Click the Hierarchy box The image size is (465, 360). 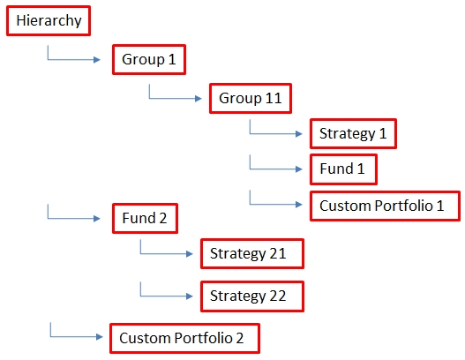pyautogui.click(x=49, y=21)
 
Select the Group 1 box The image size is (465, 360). pyautogui.click(x=149, y=59)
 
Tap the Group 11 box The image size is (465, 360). pyautogui.click(x=251, y=98)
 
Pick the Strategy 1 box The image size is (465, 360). pyautogui.click(x=353, y=133)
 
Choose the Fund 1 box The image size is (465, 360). pyautogui.click(x=343, y=169)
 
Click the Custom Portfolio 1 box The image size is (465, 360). pyautogui.click(x=385, y=206)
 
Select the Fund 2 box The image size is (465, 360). pyautogui.click(x=145, y=218)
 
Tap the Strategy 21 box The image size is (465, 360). pyautogui.click(x=252, y=253)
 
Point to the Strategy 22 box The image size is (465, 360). pyautogui.click(x=252, y=296)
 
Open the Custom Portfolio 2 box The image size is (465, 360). pyautogui.click(x=184, y=338)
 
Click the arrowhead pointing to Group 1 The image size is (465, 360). pyautogui.click(x=97, y=60)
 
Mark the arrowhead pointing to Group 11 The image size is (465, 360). pyautogui.click(x=199, y=99)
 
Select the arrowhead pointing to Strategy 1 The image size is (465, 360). pyautogui.click(x=299, y=134)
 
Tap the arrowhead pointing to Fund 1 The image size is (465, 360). pyautogui.click(x=299, y=169)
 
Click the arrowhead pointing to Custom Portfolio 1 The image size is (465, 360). pyautogui.click(x=299, y=205)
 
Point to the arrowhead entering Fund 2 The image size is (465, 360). pyautogui.click(x=97, y=219)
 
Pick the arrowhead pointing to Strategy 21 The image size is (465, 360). pyautogui.click(x=190, y=254)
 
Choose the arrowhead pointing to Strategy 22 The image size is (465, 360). pyautogui.click(x=190, y=296)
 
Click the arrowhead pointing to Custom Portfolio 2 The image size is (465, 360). pyautogui.click(x=100, y=337)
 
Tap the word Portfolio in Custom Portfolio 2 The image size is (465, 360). pyautogui.click(x=203, y=338)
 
